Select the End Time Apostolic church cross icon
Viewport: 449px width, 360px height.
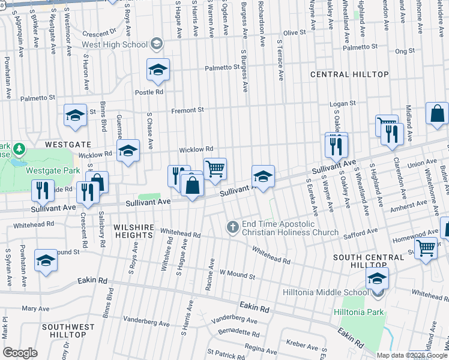pos(233,227)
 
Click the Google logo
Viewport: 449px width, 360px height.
pos(20,352)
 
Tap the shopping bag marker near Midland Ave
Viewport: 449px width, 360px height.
pos(437,113)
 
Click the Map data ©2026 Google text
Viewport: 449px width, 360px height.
pos(412,355)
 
